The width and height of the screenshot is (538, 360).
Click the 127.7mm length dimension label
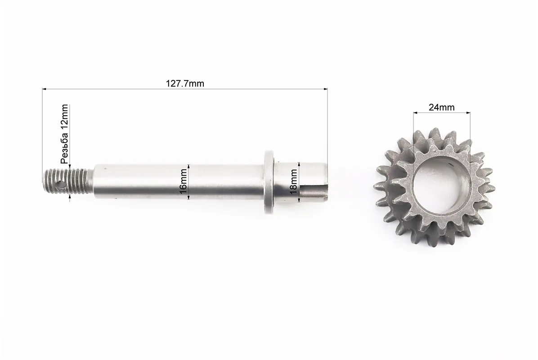coord(185,83)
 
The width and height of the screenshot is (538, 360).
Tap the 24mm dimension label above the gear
coord(442,108)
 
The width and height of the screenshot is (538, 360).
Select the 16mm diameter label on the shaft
coord(184,181)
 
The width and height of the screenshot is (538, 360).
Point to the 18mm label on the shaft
coord(294,181)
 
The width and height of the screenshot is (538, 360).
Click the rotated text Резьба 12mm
coord(64,134)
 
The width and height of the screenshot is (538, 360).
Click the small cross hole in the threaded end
coord(62,185)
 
